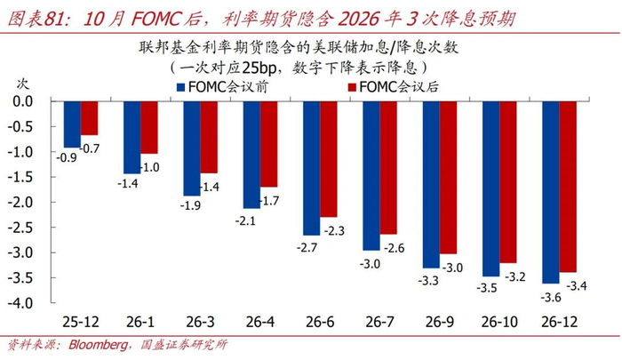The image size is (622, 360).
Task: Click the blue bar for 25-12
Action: [x=72, y=124]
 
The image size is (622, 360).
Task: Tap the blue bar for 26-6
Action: [x=311, y=168]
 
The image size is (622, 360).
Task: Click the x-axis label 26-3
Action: [x=199, y=320]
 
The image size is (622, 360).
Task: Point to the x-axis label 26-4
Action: [x=259, y=320]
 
